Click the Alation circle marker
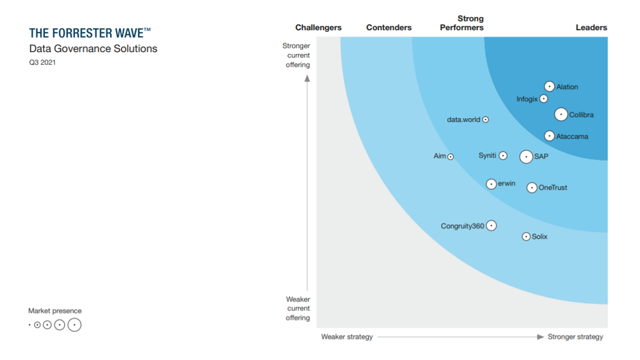click(549, 86)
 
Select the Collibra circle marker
click(561, 114)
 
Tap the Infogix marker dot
click(543, 99)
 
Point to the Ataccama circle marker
click(549, 136)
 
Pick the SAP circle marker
click(526, 156)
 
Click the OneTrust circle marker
click(532, 187)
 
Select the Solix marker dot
click(526, 236)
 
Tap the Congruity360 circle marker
click(491, 225)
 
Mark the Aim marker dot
click(450, 157)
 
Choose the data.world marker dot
click(486, 120)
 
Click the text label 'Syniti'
click(487, 156)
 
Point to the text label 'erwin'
click(507, 183)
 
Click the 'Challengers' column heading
click(319, 27)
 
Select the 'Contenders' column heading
click(389, 27)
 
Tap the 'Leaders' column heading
click(591, 27)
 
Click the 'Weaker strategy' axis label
click(347, 337)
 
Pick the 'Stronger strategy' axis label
click(575, 337)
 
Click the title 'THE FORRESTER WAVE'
click(90, 34)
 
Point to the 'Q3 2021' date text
click(43, 62)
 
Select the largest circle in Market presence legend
click(74, 325)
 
